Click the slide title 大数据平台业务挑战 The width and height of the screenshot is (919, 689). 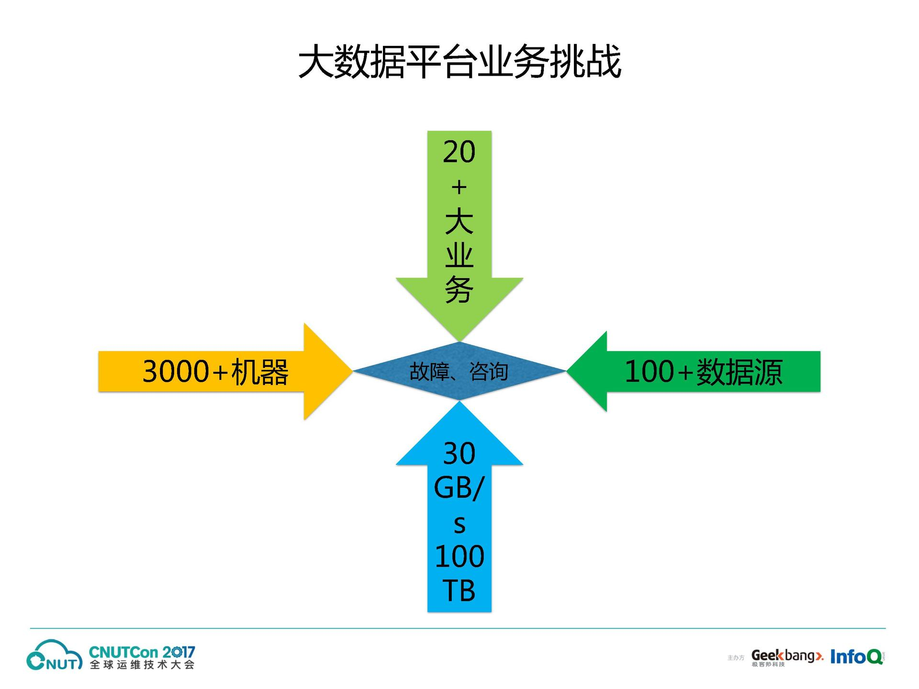459,62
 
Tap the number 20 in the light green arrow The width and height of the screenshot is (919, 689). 459,152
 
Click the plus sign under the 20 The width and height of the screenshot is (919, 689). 459,187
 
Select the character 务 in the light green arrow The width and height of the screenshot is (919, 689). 459,290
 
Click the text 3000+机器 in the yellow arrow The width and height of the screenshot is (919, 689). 215,372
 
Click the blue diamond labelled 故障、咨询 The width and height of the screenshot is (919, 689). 459,371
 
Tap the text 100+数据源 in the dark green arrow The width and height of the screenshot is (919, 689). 704,372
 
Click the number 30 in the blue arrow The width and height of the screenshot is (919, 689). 459,454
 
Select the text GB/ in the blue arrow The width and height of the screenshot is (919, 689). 459,488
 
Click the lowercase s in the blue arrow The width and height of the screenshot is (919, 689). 459,524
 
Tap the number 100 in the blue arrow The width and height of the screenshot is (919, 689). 459,556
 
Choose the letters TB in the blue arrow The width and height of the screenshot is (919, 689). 459,591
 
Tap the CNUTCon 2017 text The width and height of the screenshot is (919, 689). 142,652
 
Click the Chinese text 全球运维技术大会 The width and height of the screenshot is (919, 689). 142,665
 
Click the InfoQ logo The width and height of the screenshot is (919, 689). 856,656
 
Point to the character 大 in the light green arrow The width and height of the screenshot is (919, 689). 459,221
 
